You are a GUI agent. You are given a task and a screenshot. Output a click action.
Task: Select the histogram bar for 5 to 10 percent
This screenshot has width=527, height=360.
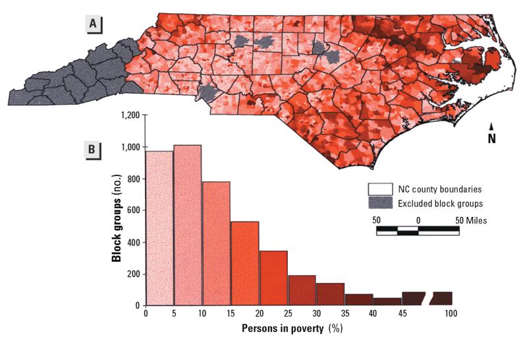187,225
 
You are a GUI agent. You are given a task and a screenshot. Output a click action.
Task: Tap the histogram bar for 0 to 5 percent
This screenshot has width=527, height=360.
159,228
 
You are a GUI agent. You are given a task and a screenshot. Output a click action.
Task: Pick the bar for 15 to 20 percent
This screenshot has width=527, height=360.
244,264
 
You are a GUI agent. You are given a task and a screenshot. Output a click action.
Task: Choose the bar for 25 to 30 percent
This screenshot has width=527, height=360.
301,291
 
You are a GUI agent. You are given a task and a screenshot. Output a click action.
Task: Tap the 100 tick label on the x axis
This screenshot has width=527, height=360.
451,315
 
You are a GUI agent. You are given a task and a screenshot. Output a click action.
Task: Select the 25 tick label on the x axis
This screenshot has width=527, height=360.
287,315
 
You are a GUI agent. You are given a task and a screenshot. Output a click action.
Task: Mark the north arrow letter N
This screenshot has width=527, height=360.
491,138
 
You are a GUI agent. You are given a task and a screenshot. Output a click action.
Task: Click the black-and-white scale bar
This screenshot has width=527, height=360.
418,229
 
